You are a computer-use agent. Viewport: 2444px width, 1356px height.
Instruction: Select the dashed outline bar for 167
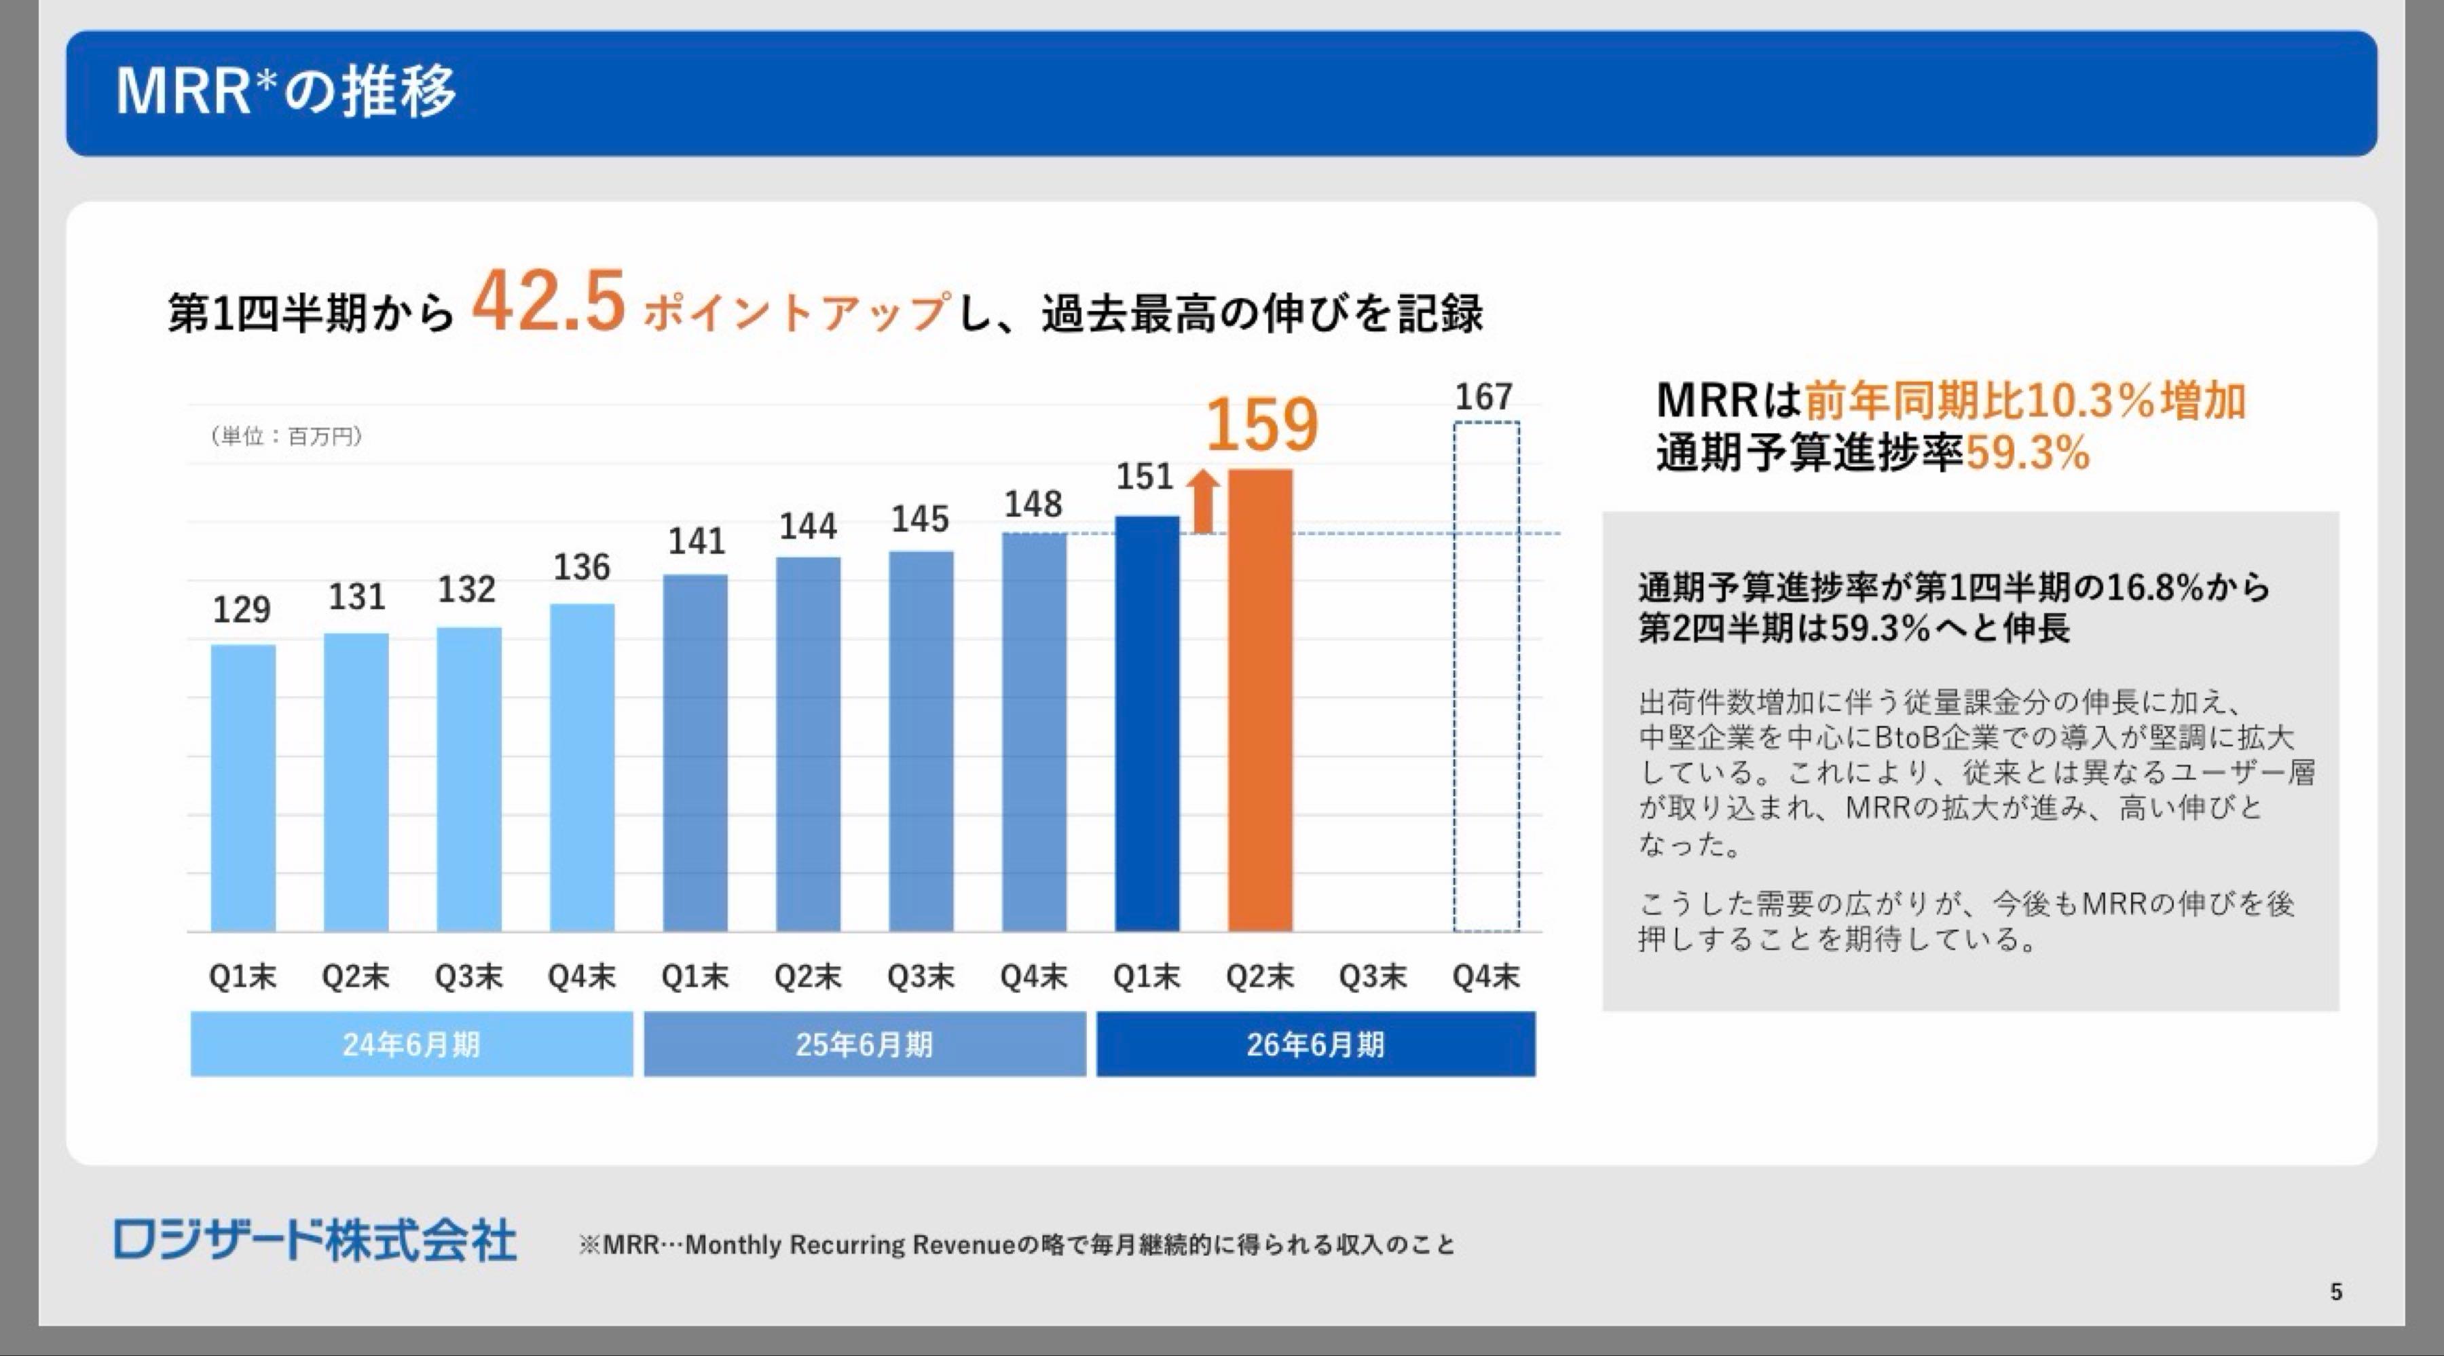[1486, 676]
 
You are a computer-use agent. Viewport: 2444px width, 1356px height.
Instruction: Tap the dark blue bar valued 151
[1147, 723]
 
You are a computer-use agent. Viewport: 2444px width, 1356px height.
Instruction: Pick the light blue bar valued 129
[243, 788]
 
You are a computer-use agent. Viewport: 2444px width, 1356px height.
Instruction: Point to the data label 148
[1033, 504]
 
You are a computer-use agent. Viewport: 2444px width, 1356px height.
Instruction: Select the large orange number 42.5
[549, 301]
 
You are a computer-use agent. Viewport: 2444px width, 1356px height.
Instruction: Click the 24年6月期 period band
[411, 1044]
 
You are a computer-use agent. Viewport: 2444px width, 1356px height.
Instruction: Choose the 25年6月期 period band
[864, 1044]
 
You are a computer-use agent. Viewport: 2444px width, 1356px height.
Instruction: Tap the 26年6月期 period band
[1316, 1044]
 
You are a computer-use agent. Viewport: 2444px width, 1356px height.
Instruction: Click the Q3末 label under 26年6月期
[1373, 976]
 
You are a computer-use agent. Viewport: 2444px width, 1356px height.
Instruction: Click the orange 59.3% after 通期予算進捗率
[2027, 453]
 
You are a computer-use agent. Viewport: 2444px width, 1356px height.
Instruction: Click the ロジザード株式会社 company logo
[315, 1241]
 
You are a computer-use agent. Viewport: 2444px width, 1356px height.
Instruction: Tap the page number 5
[2336, 1291]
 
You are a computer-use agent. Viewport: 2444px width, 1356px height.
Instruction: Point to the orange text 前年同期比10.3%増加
[2024, 399]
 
